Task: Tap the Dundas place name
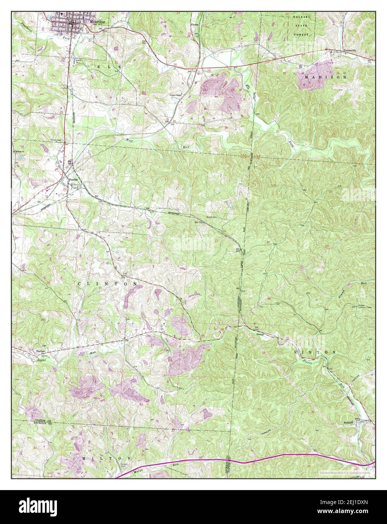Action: pos(74,180)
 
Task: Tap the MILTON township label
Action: pos(102,458)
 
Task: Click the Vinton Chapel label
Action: pos(175,95)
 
